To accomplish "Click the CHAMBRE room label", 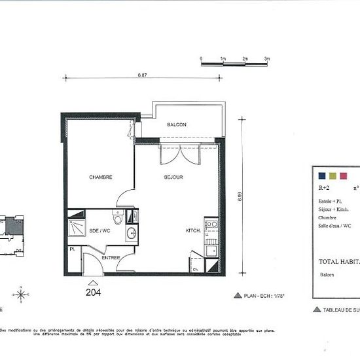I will [x=101, y=177].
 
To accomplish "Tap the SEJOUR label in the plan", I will [x=173, y=177].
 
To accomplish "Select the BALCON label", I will [x=176, y=124].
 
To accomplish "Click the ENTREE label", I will [x=111, y=257].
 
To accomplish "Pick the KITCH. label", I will [x=192, y=230].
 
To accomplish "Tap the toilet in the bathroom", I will [x=118, y=219].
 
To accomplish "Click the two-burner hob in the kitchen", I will [x=211, y=226].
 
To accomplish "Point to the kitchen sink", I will [x=211, y=249].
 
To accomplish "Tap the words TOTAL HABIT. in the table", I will [x=338, y=261].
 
